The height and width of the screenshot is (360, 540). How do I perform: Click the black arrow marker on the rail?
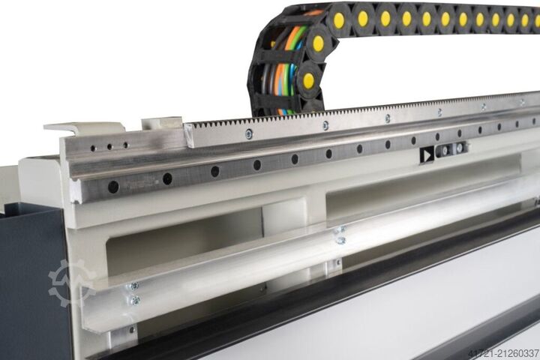click(427, 155)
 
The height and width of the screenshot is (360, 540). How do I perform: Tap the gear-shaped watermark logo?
click(71, 283)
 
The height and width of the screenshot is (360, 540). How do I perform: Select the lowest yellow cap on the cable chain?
click(308, 80)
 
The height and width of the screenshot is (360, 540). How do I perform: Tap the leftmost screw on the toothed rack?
click(248, 133)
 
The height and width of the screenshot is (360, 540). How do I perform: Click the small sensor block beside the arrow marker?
click(451, 149)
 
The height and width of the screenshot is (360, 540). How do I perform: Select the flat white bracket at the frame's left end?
click(83, 127)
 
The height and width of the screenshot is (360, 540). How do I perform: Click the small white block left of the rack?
click(162, 122)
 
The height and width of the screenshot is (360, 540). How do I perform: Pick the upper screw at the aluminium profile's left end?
click(133, 286)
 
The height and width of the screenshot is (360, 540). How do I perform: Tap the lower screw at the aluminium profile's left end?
click(135, 301)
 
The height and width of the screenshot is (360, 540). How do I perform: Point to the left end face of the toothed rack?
click(189, 136)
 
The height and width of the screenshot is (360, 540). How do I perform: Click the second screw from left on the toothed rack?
click(325, 124)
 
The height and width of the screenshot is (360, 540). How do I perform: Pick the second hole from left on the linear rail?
click(167, 178)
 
